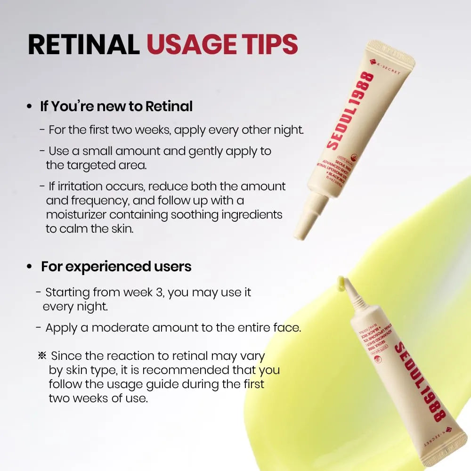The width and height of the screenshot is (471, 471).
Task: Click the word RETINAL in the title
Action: [84, 45]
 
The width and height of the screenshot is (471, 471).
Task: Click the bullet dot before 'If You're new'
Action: [29, 107]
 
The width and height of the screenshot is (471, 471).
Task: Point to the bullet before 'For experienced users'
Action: [29, 267]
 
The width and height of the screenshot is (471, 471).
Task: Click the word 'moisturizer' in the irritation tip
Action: [74, 214]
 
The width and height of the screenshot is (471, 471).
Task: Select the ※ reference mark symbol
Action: [41, 356]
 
